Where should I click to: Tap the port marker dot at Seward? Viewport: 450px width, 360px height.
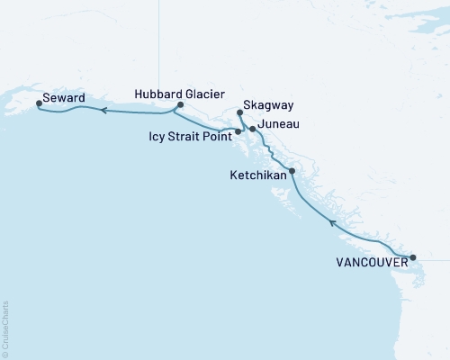pyautogui.click(x=38, y=103)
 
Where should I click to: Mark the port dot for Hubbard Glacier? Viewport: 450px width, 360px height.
pyautogui.click(x=180, y=105)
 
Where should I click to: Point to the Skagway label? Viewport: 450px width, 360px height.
pyautogui.click(x=265, y=104)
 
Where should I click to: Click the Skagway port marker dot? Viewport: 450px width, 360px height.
pyautogui.click(x=239, y=112)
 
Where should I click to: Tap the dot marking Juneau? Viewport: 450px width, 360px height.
pyautogui.click(x=253, y=130)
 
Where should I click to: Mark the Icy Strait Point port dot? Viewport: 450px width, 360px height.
pyautogui.click(x=238, y=132)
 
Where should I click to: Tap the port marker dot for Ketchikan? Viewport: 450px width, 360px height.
pyautogui.click(x=292, y=170)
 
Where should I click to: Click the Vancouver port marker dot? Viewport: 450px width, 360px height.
pyautogui.click(x=413, y=258)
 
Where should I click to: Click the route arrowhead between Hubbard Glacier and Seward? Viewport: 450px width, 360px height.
pyautogui.click(x=103, y=111)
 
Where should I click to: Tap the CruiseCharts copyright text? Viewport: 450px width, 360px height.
pyautogui.click(x=5, y=329)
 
